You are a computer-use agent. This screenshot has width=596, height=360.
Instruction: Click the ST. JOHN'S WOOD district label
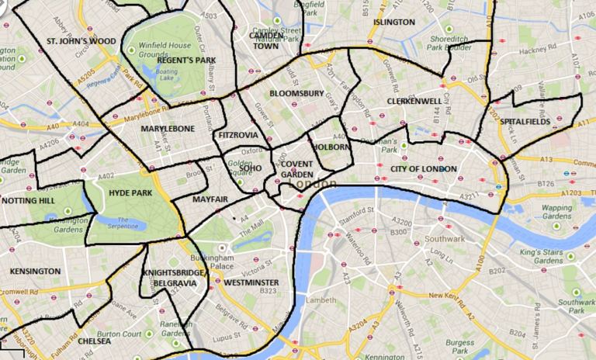pyautogui.click(x=81, y=40)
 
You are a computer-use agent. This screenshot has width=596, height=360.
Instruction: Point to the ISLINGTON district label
pyautogui.click(x=394, y=22)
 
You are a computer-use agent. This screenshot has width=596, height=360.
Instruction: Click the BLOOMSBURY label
pyautogui.click(x=296, y=94)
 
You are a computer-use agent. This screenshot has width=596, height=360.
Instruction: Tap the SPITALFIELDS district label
pyautogui.click(x=525, y=122)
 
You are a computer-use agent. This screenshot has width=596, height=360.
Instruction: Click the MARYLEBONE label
pyautogui.click(x=168, y=129)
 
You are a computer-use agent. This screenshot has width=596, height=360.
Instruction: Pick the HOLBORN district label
pyautogui.click(x=331, y=146)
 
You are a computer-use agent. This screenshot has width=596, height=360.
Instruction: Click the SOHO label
pyautogui.click(x=251, y=167)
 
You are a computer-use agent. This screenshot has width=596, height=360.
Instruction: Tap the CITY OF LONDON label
pyautogui.click(x=424, y=168)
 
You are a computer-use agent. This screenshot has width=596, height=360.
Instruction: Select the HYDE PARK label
pyautogui.click(x=130, y=192)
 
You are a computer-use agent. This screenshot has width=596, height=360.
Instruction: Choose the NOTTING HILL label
pyautogui.click(x=29, y=200)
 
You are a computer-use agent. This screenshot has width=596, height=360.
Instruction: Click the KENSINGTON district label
pyautogui.click(x=35, y=272)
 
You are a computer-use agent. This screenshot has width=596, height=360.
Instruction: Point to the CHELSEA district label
pyautogui.click(x=94, y=340)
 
